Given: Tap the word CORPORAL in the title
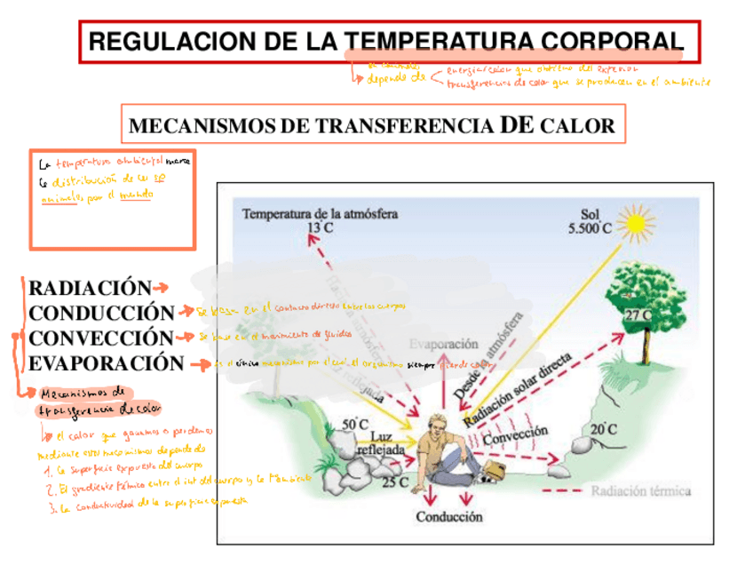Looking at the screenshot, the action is point(614,41).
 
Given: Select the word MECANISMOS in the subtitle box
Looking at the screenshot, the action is point(203,126).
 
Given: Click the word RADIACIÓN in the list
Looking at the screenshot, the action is point(90,289).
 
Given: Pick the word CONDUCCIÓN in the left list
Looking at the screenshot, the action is point(101,314).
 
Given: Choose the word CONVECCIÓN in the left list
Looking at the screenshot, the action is point(100,338).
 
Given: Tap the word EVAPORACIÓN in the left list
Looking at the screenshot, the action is point(106,363).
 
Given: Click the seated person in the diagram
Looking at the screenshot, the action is point(444,449).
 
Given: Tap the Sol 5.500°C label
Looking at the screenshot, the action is point(590,221).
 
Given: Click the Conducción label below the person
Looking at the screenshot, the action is point(449,515).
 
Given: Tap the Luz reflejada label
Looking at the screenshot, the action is point(379,443).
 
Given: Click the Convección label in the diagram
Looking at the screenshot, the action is point(517,434).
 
